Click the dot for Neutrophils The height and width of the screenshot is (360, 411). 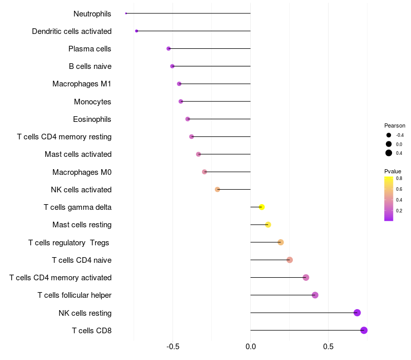click(x=126, y=13)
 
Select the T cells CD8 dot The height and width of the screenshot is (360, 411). click(x=364, y=330)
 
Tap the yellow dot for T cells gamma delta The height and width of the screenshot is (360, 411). click(x=261, y=207)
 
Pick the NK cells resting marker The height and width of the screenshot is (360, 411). click(x=357, y=313)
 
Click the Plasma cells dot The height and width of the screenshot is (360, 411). click(x=169, y=48)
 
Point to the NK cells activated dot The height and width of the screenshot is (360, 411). click(x=217, y=189)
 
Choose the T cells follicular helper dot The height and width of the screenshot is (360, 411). click(x=315, y=295)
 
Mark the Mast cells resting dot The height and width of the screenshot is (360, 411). click(x=268, y=225)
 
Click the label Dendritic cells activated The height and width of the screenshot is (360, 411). click(x=72, y=31)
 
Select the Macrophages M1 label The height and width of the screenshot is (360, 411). click(x=82, y=84)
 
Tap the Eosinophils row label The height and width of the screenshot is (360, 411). click(x=92, y=119)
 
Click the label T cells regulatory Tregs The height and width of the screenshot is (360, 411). click(x=69, y=243)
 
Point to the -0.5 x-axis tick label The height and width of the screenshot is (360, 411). click(x=173, y=347)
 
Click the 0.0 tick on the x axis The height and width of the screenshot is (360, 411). click(x=251, y=347)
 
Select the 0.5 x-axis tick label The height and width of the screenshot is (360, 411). click(x=328, y=347)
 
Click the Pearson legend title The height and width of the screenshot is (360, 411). click(x=395, y=125)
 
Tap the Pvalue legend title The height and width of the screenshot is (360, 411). click(x=393, y=171)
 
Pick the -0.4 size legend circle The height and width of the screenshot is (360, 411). click(x=389, y=135)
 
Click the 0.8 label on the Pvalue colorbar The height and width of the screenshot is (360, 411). click(x=399, y=178)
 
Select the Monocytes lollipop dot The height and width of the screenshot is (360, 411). click(x=181, y=101)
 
